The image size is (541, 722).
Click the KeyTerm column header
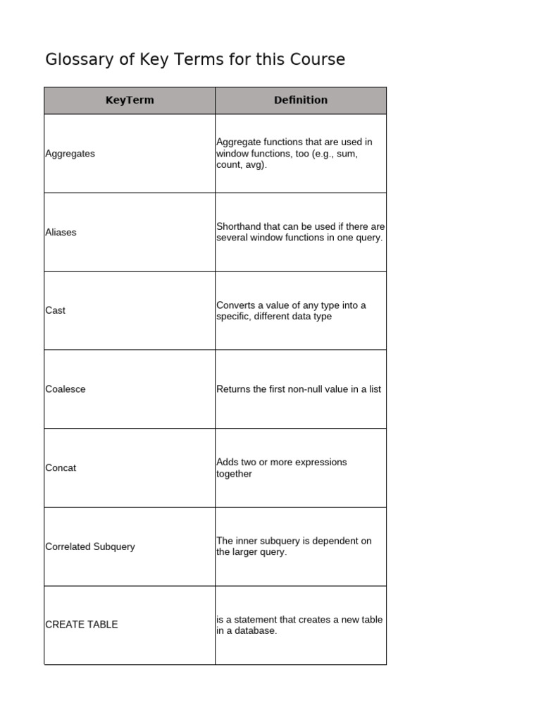(130, 100)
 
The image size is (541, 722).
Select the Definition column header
(301, 100)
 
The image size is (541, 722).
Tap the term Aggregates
(70, 154)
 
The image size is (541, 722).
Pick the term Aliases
(61, 232)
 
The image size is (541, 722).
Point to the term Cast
(55, 310)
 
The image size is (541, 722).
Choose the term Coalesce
(66, 389)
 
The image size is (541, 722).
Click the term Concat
(61, 467)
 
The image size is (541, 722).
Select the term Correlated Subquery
(90, 546)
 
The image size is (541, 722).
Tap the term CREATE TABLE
(82, 625)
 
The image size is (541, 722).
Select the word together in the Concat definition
(234, 474)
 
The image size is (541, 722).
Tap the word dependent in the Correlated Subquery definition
(336, 541)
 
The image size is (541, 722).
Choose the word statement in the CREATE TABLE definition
(255, 620)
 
